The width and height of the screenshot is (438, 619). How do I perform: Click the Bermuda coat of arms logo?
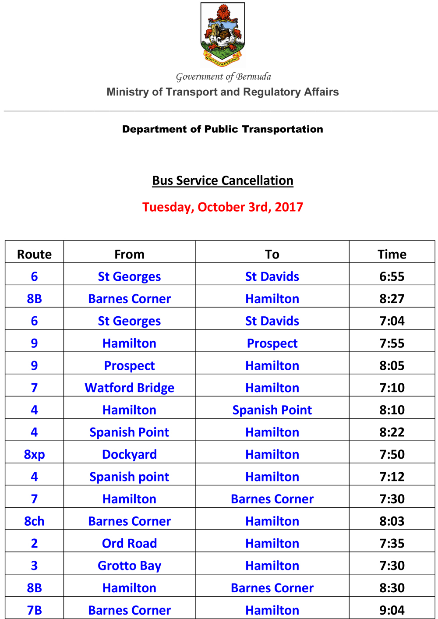tap(223, 34)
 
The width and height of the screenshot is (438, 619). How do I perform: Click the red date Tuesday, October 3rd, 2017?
tap(223, 207)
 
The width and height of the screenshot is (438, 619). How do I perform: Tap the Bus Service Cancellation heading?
tap(223, 180)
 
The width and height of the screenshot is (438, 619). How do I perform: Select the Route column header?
tap(34, 254)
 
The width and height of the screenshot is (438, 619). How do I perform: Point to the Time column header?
tap(392, 254)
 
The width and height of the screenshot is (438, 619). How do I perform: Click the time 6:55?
tap(392, 276)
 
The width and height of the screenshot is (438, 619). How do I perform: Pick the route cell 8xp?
tap(34, 454)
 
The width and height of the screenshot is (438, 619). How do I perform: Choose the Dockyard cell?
tap(129, 454)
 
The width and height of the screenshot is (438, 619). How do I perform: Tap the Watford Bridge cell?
tap(129, 388)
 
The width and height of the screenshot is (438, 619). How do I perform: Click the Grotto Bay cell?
tap(129, 566)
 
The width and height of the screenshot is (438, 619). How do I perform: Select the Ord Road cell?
tap(129, 543)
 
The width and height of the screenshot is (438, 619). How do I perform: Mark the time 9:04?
tap(392, 610)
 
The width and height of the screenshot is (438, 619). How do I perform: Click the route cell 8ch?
tap(34, 521)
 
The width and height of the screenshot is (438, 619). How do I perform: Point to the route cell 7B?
tap(34, 610)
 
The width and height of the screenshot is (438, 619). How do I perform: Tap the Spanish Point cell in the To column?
tap(272, 410)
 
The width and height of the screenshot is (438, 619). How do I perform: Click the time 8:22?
tap(392, 432)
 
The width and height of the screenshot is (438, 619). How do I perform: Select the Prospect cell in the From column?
tap(129, 365)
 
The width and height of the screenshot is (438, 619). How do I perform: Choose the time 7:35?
tap(392, 543)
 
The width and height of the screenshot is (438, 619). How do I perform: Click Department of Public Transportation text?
tap(223, 129)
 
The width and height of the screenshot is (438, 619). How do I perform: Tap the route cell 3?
tap(34, 566)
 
